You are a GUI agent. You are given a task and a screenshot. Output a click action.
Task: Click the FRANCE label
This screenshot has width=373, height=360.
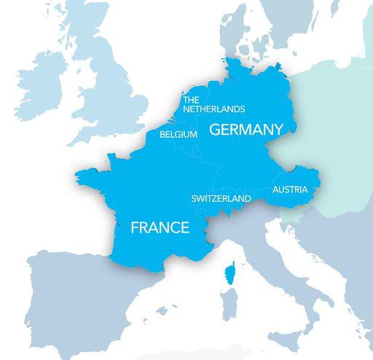click(x=160, y=227)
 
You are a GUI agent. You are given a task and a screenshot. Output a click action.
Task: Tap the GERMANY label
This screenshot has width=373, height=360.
click(x=246, y=130)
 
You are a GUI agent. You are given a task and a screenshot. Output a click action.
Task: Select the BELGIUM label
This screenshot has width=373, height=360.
click(x=179, y=135)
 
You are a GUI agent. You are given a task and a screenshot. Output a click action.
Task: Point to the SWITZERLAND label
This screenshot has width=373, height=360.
click(x=221, y=198)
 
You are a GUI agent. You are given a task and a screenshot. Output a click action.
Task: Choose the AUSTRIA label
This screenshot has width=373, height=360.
click(x=290, y=190)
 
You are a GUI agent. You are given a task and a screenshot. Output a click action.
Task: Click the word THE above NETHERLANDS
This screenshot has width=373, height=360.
click(x=192, y=100)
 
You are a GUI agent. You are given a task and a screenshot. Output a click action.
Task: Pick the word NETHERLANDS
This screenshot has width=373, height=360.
click(x=214, y=109)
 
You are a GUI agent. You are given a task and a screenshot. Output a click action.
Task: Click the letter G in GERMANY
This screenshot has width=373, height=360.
click(x=215, y=130)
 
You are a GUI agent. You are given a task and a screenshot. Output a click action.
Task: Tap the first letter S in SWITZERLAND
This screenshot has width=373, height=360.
click(x=194, y=198)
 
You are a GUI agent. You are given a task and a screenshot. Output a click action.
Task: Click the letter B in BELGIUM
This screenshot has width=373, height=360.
click(x=162, y=135)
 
